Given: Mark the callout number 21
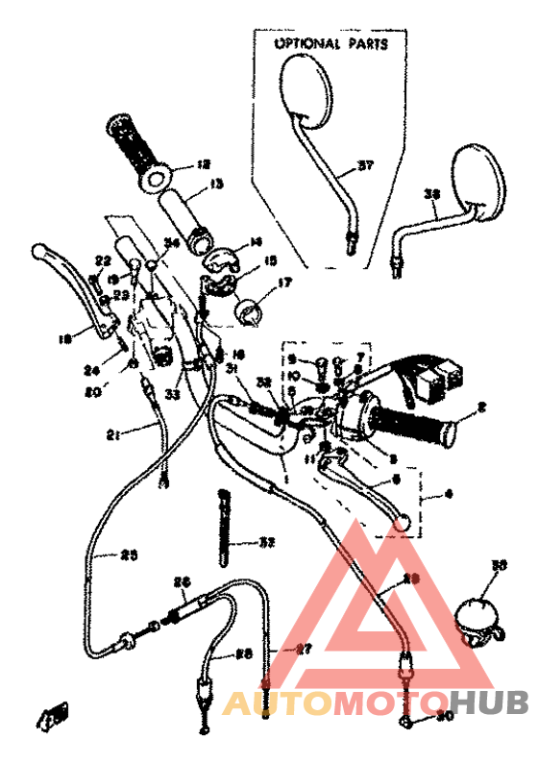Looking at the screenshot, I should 112,434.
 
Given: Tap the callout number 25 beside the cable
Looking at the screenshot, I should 128,554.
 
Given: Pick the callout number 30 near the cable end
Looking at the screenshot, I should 443,715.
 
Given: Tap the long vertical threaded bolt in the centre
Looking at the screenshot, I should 225,530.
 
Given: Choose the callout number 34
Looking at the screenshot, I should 171,244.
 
